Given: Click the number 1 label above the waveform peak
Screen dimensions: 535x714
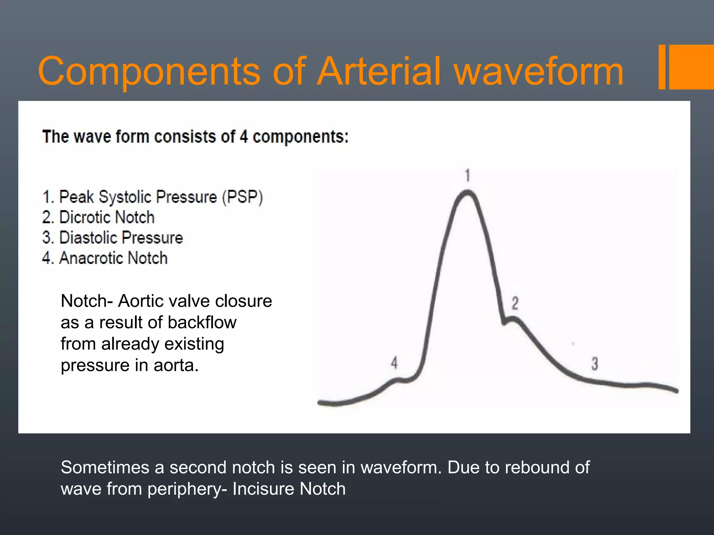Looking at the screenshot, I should pyautogui.click(x=468, y=175).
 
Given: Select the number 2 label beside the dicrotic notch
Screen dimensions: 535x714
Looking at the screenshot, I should pyautogui.click(x=515, y=303).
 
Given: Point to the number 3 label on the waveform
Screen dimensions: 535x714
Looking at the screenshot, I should pyautogui.click(x=594, y=364).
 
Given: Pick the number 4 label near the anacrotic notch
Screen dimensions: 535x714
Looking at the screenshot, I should pyautogui.click(x=394, y=363).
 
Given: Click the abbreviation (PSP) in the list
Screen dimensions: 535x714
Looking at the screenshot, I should pyautogui.click(x=243, y=197).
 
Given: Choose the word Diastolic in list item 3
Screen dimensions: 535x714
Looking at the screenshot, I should pyautogui.click(x=88, y=238).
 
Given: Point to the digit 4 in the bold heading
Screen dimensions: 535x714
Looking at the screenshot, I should pyautogui.click(x=244, y=137).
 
